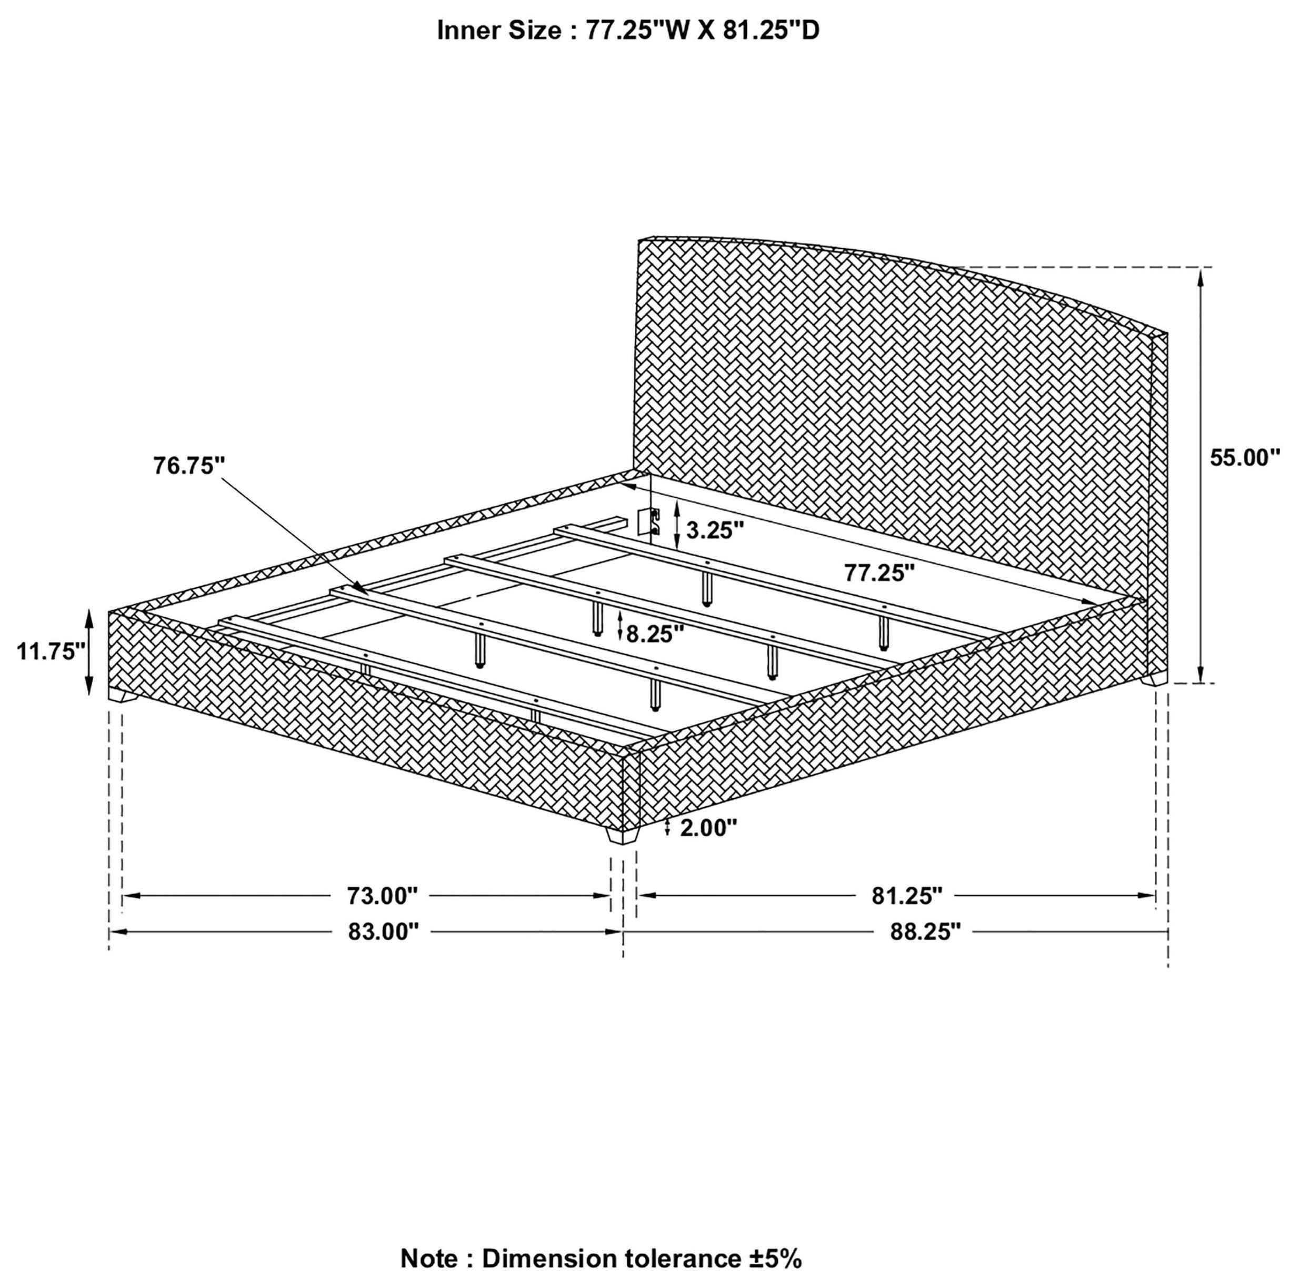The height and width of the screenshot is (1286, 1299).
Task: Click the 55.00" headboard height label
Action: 1245,458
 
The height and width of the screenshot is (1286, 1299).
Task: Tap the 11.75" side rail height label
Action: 52,651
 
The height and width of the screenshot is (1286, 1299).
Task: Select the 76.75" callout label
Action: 189,466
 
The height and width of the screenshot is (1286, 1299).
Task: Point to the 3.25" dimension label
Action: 715,530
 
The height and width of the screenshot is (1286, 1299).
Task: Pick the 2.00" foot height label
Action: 708,828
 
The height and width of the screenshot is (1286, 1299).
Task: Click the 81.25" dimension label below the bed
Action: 907,896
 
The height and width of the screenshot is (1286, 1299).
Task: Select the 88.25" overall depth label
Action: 926,932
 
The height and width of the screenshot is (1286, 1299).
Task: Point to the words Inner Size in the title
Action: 499,31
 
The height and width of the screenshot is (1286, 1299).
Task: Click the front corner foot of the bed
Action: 623,836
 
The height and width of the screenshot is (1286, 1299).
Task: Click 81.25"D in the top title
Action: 772,31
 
